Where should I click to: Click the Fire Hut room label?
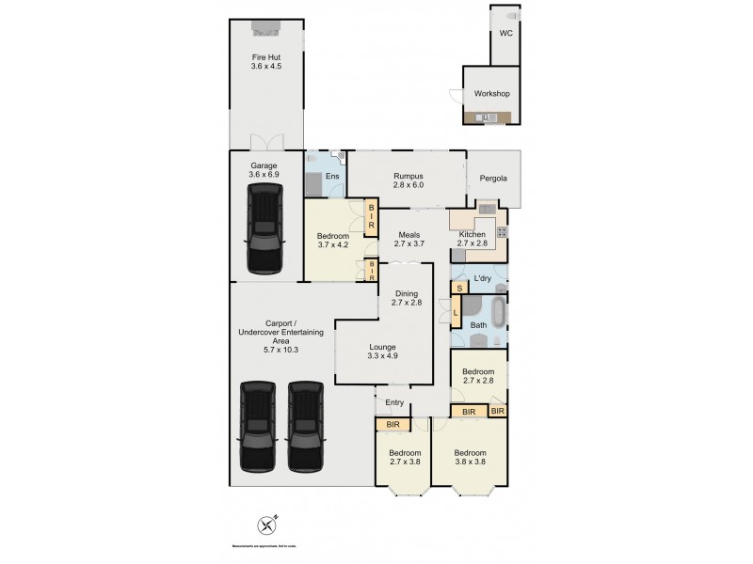(267, 61)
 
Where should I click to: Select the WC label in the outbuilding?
(505, 33)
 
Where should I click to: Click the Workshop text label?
(490, 94)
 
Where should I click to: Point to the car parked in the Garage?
(264, 228)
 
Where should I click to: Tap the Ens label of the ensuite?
(331, 176)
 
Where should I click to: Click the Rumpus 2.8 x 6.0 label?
(408, 180)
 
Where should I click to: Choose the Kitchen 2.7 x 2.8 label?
(472, 239)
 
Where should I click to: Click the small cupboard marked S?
(459, 288)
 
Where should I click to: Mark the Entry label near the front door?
(394, 403)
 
